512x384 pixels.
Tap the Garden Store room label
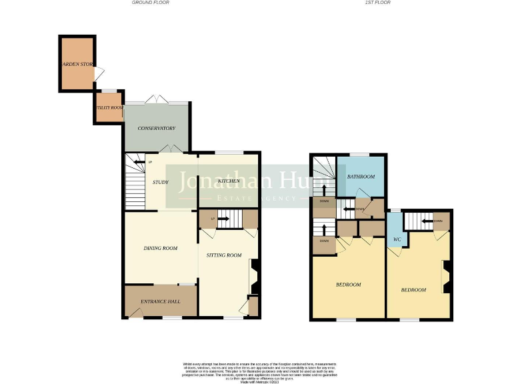(x=78, y=64)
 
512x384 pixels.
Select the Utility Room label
(x=109, y=107)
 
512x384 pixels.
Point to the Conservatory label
(x=156, y=128)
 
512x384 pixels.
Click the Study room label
(x=160, y=181)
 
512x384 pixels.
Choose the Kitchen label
(x=229, y=181)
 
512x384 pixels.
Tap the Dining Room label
(x=161, y=248)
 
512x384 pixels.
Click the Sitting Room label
(x=223, y=255)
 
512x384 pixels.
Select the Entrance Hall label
(x=160, y=301)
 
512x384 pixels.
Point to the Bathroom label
(x=361, y=177)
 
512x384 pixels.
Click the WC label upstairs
(x=396, y=239)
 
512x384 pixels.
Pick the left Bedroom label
(x=348, y=285)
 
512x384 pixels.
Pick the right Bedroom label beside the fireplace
(x=413, y=290)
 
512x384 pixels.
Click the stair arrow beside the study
(x=138, y=162)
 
